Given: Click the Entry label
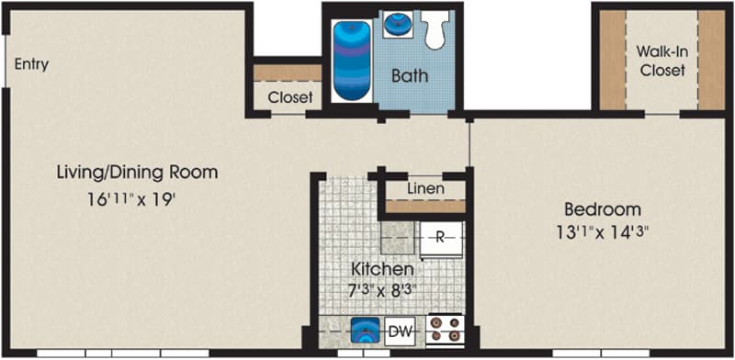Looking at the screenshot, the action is pos(31,63).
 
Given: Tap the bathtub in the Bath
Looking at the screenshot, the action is pos(352,61).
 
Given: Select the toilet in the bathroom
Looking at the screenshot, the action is pos(435,29).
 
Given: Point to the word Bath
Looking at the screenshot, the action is pos(410,76).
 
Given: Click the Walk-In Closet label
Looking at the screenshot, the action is pos(662,61).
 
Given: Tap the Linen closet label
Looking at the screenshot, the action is pos(425,189).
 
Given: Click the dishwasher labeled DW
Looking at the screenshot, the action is pos(400,332).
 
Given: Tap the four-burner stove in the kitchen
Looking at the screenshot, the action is pos(445,331).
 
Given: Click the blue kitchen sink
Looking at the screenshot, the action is pos(365,330).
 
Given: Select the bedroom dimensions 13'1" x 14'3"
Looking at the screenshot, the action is pos(602,232).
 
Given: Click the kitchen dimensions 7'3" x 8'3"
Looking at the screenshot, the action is pos(382,291).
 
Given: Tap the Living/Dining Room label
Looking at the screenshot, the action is pos(137,173).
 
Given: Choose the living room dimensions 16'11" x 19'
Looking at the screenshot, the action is pos(131,199).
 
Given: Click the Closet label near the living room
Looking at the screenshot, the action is pos(290,97).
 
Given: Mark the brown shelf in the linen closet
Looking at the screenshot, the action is pos(425,207).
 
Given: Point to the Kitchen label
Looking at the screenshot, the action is pos(382,269).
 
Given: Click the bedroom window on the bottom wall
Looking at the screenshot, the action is pos(602,353).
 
